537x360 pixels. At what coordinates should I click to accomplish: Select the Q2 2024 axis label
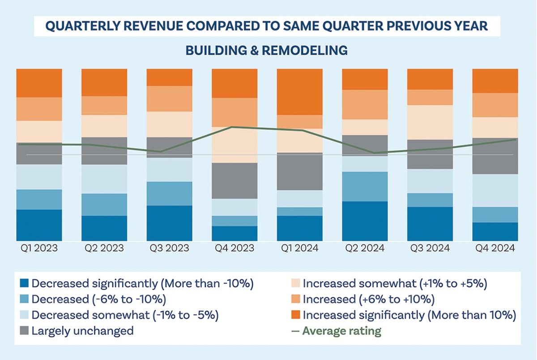[x=365, y=248]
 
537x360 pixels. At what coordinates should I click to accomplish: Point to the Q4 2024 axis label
[x=495, y=248]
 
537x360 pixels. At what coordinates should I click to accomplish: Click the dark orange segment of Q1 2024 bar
[x=299, y=92]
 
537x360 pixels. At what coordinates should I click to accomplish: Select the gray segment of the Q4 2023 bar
[x=234, y=180]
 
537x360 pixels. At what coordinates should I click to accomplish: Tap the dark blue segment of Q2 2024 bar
[x=365, y=221]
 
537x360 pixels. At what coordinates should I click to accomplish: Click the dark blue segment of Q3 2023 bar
[x=170, y=223]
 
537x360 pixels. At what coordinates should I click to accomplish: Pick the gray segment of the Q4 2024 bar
[x=495, y=156]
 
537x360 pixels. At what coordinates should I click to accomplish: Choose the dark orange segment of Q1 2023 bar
[x=39, y=83]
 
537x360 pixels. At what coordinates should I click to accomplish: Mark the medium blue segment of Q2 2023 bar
[x=104, y=205]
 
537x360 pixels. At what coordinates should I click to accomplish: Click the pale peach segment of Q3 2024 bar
[x=430, y=122]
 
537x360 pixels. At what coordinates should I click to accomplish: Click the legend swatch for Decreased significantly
[x=24, y=283]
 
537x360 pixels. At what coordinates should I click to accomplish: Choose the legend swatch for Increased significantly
[x=295, y=315]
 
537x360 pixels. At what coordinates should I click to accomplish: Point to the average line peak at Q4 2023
[x=231, y=127]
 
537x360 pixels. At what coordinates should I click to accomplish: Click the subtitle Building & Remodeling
[x=267, y=50]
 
